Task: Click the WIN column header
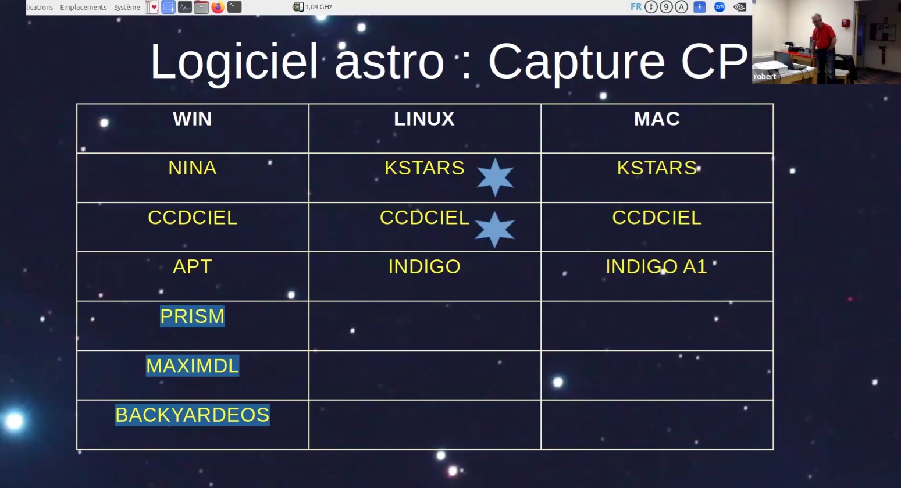(193, 119)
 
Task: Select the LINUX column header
(425, 119)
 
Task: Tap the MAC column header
(657, 119)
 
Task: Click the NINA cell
(193, 168)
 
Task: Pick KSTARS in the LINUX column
(425, 168)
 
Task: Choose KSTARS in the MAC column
(657, 168)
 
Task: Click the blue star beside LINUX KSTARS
(495, 177)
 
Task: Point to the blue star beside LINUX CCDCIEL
(495, 229)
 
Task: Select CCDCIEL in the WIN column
(193, 218)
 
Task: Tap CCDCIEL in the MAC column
(657, 218)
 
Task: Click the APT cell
(193, 267)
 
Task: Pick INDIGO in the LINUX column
(425, 267)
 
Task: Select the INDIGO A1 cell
(657, 267)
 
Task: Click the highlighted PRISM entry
(193, 316)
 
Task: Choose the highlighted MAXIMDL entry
(193, 366)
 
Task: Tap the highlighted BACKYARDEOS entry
(193, 415)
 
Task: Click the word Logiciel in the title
(234, 62)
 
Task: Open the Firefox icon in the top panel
(218, 7)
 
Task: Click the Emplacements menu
(83, 7)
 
